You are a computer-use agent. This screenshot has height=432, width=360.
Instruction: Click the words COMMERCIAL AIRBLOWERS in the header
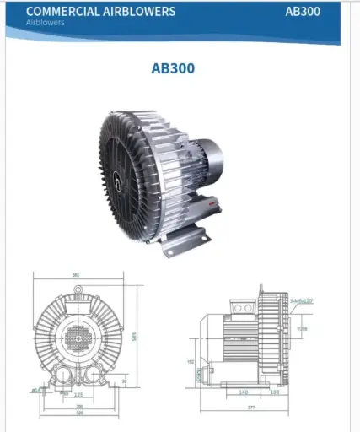(101, 11)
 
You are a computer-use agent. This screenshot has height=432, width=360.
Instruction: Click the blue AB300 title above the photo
(173, 68)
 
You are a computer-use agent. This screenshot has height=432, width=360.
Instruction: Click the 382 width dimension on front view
(75, 275)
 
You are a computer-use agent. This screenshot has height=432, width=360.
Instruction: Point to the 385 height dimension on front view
(133, 337)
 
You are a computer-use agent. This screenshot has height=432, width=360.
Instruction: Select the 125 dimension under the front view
(78, 394)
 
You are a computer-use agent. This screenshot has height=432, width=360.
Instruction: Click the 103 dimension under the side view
(275, 392)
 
